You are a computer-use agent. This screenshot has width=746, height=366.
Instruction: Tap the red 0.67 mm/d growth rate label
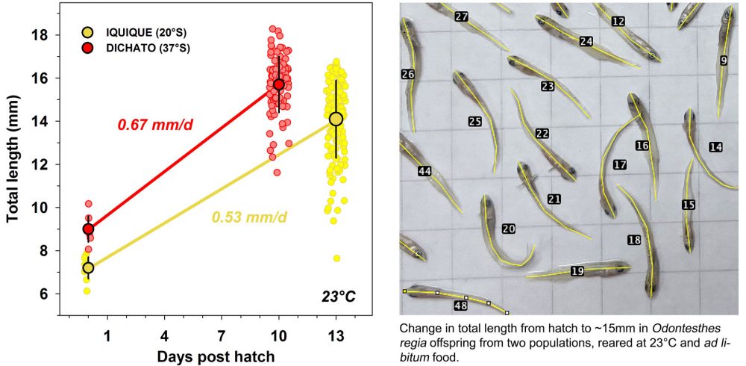click(x=155, y=124)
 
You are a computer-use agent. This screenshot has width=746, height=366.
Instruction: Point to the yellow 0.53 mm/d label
click(x=249, y=217)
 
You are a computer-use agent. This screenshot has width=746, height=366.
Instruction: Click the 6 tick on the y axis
click(x=54, y=294)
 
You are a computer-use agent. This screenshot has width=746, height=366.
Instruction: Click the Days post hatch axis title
click(x=216, y=356)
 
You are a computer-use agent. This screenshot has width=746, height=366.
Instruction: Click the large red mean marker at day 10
click(x=279, y=84)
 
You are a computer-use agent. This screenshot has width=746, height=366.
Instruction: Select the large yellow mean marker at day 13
click(x=336, y=119)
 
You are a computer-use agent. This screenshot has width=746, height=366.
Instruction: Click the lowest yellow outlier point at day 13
click(x=337, y=258)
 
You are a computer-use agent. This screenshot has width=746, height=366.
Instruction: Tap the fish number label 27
click(x=462, y=16)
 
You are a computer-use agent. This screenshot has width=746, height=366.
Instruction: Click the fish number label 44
click(x=424, y=172)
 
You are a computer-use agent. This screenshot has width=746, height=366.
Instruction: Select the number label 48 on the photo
click(x=460, y=305)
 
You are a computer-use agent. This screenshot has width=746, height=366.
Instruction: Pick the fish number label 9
click(x=724, y=61)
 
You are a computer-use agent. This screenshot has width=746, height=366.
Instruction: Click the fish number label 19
click(x=577, y=271)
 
